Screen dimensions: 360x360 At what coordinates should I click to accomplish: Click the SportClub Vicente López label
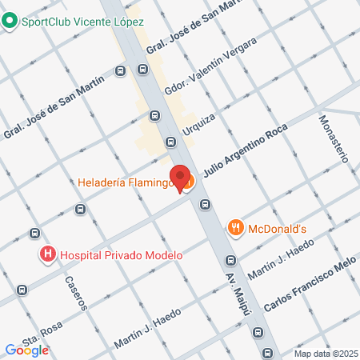(x=82, y=22)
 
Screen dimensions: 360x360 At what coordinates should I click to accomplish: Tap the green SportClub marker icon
(x=10, y=22)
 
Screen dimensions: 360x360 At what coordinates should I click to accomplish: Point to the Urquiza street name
(x=198, y=123)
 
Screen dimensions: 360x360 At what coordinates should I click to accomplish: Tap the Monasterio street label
(x=334, y=138)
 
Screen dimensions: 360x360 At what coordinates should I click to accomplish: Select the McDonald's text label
(x=278, y=228)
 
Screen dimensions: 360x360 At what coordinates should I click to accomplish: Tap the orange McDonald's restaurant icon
(x=235, y=228)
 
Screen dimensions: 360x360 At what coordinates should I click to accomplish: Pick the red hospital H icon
(x=48, y=256)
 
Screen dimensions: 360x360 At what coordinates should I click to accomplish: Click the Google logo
(x=26, y=350)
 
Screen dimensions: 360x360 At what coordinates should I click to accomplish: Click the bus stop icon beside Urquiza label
(x=170, y=142)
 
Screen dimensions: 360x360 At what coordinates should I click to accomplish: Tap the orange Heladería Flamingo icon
(x=187, y=184)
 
